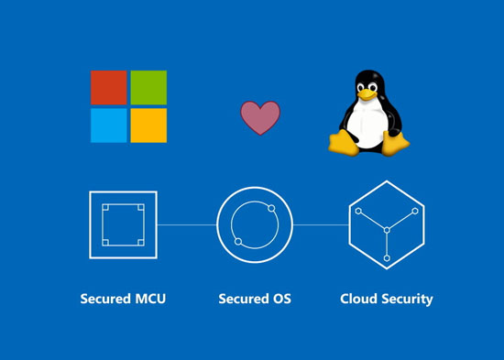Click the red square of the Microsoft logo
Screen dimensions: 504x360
click(109, 87)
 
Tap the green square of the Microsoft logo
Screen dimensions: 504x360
click(148, 87)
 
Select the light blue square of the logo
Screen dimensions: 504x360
click(109, 125)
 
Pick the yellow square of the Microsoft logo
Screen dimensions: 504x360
click(148, 125)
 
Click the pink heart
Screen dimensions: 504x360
click(260, 117)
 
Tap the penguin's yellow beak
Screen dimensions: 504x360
click(367, 94)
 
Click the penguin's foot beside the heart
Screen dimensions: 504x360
click(344, 143)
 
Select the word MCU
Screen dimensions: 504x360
click(150, 299)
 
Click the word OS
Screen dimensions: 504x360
click(282, 299)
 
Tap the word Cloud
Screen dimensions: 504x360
click(358, 299)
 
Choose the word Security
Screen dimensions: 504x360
click(407, 300)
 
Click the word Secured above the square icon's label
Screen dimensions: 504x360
click(105, 299)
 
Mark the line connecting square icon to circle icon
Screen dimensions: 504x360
click(187, 224)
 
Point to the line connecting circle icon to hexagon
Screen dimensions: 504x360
click(321, 224)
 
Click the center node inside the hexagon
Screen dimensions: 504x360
click(387, 230)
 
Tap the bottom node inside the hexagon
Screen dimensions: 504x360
click(387, 258)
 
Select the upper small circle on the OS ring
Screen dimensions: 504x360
click(271, 208)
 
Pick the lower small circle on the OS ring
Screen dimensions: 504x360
click(238, 242)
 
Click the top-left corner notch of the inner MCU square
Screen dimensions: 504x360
click(105, 207)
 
